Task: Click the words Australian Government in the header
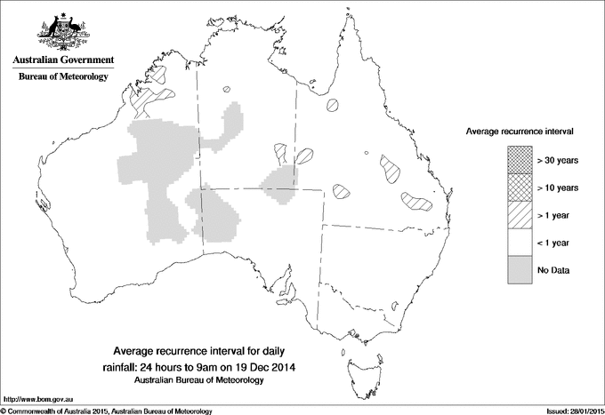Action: coord(62,60)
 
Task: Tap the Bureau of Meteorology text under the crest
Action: coord(62,77)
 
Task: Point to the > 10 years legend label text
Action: coord(558,188)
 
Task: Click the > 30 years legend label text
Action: coord(558,160)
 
